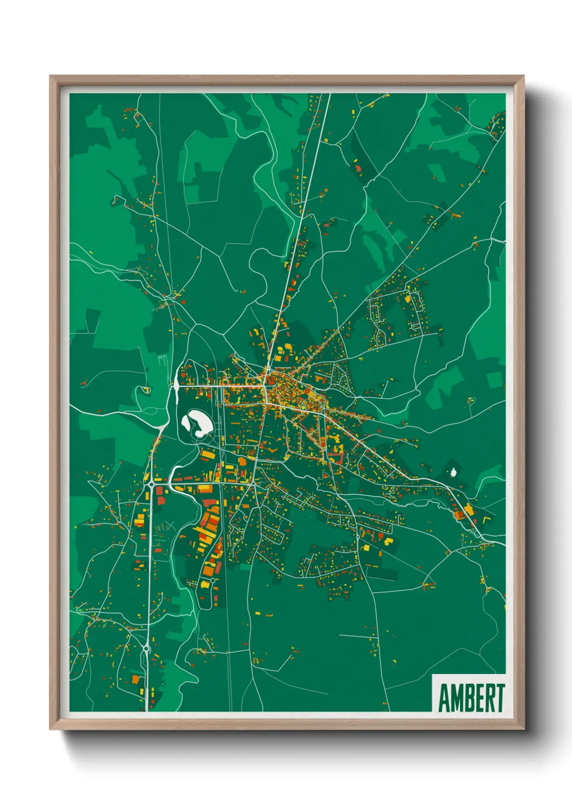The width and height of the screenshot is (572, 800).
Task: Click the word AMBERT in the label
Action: tap(471, 698)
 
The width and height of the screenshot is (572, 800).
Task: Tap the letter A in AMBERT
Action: tap(444, 698)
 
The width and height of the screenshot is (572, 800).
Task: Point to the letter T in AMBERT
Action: tap(500, 698)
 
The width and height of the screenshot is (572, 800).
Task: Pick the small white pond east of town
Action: tap(453, 471)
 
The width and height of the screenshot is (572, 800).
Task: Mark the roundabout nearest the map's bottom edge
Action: tap(146, 648)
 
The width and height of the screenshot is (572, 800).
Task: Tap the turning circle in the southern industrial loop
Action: tap(204, 584)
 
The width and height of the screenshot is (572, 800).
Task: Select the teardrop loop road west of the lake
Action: tap(145, 389)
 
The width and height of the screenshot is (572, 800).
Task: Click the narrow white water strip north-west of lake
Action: tap(176, 383)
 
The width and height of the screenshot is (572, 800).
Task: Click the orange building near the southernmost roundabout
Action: tap(135, 679)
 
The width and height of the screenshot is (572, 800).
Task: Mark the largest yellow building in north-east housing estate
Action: tap(407, 298)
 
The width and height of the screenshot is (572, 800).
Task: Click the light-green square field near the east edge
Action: tap(494, 379)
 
